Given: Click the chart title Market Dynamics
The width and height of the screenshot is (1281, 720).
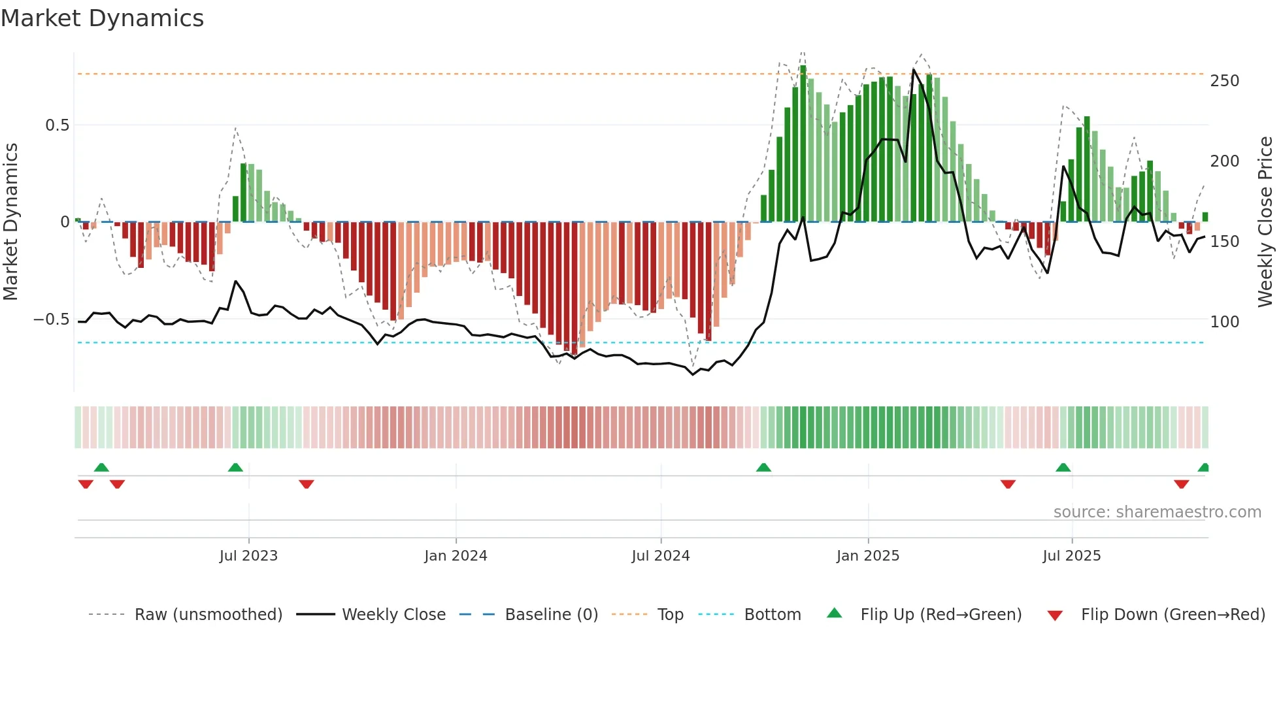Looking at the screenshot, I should click(x=103, y=18).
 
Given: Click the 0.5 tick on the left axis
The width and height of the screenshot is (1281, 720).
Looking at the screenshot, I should click(x=57, y=125).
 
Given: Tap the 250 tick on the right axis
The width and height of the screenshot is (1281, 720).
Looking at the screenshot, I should click(x=1224, y=81).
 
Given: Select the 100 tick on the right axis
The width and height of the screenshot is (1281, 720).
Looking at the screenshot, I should click(x=1224, y=322).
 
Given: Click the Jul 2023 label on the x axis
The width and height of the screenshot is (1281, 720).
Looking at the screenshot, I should click(x=248, y=556).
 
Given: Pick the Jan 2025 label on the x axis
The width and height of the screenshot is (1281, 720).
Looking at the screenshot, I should click(x=867, y=556).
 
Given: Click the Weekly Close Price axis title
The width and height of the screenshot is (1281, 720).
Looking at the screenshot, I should click(x=1265, y=222).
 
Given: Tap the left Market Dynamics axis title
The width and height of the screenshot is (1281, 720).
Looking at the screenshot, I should click(x=11, y=222).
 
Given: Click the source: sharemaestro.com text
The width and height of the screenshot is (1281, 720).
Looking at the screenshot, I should click(x=1157, y=512).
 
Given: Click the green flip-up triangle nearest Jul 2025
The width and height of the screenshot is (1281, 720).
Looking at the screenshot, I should click(x=1063, y=467).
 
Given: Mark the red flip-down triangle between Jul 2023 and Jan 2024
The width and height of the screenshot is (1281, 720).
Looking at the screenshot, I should click(x=307, y=484).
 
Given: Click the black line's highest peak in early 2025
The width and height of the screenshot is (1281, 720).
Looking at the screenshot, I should click(x=913, y=70).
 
